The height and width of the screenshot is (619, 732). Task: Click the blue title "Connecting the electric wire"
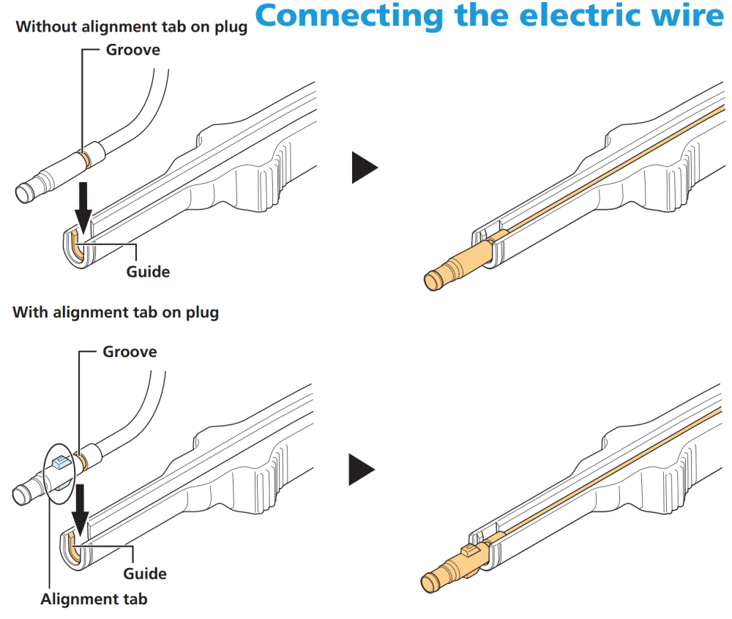tap(490, 15)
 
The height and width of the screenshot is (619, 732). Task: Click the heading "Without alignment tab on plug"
tap(132, 27)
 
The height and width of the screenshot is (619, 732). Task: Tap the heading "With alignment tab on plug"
tap(116, 312)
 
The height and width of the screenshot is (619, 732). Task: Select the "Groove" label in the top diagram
tap(133, 50)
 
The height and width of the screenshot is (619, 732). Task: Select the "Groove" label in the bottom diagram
tap(130, 352)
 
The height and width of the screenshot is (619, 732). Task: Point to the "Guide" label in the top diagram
tap(148, 271)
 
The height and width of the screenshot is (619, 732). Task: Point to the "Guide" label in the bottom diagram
tap(145, 574)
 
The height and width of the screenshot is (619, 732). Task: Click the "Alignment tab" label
tap(94, 599)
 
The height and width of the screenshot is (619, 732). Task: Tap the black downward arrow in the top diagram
tap(83, 208)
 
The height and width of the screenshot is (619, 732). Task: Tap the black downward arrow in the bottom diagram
tap(81, 510)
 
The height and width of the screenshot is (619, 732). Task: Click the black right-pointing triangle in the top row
tap(364, 168)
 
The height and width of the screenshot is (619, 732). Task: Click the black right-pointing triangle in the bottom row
tap(362, 470)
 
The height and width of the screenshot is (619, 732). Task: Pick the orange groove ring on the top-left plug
tap(86, 158)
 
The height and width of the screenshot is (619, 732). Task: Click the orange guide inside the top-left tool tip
tap(77, 245)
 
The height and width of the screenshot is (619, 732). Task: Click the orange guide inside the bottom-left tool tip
tap(74, 547)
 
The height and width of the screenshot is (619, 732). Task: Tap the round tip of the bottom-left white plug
tap(20, 495)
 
